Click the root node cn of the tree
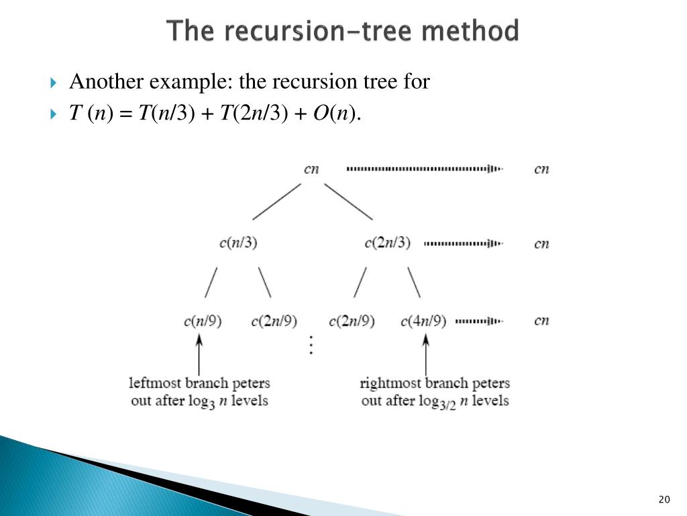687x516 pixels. [x=311, y=169]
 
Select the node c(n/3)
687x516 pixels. [x=238, y=243]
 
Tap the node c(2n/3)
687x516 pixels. [x=387, y=243]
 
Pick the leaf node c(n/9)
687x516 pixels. [x=203, y=320]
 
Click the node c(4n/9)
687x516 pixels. [x=423, y=320]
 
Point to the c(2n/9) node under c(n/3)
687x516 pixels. [x=274, y=320]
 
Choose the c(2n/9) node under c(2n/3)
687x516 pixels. [x=352, y=320]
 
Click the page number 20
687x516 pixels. [x=664, y=499]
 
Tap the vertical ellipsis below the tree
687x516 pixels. [x=311, y=345]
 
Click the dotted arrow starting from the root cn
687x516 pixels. [x=424, y=169]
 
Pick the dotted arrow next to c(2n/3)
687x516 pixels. [x=463, y=243]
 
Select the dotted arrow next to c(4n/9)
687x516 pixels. [x=479, y=321]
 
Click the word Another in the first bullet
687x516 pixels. [x=107, y=82]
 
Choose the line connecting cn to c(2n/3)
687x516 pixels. [x=349, y=202]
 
